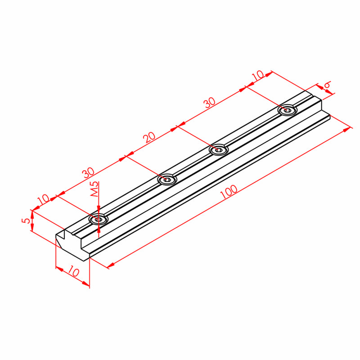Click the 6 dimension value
327,85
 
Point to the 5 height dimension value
27,221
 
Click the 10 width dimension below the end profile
74,273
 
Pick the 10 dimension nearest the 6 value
257,76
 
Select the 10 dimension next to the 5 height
44,199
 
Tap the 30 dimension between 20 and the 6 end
210,103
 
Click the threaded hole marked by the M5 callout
98,219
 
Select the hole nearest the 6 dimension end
287,110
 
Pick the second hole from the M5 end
167,180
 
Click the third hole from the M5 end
219,149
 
